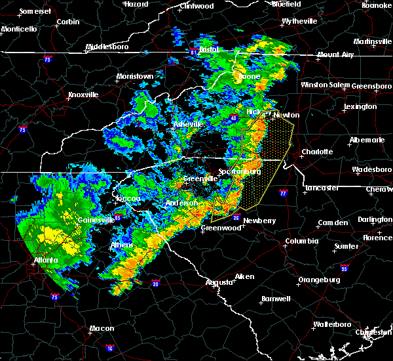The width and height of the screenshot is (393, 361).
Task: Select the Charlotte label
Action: tap(317, 152)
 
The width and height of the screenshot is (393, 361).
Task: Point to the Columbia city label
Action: tap(301, 241)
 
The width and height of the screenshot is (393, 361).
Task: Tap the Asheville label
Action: tap(189, 124)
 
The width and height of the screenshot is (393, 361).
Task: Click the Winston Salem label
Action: tap(326, 85)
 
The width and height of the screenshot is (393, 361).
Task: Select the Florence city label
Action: tap(379, 237)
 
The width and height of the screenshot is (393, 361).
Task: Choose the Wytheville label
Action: tap(299, 21)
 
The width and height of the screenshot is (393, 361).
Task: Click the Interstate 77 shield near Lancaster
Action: tap(283, 194)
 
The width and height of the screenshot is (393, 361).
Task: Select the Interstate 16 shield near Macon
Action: tap(110, 348)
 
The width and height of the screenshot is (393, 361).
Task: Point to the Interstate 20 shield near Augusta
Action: tap(155, 284)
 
